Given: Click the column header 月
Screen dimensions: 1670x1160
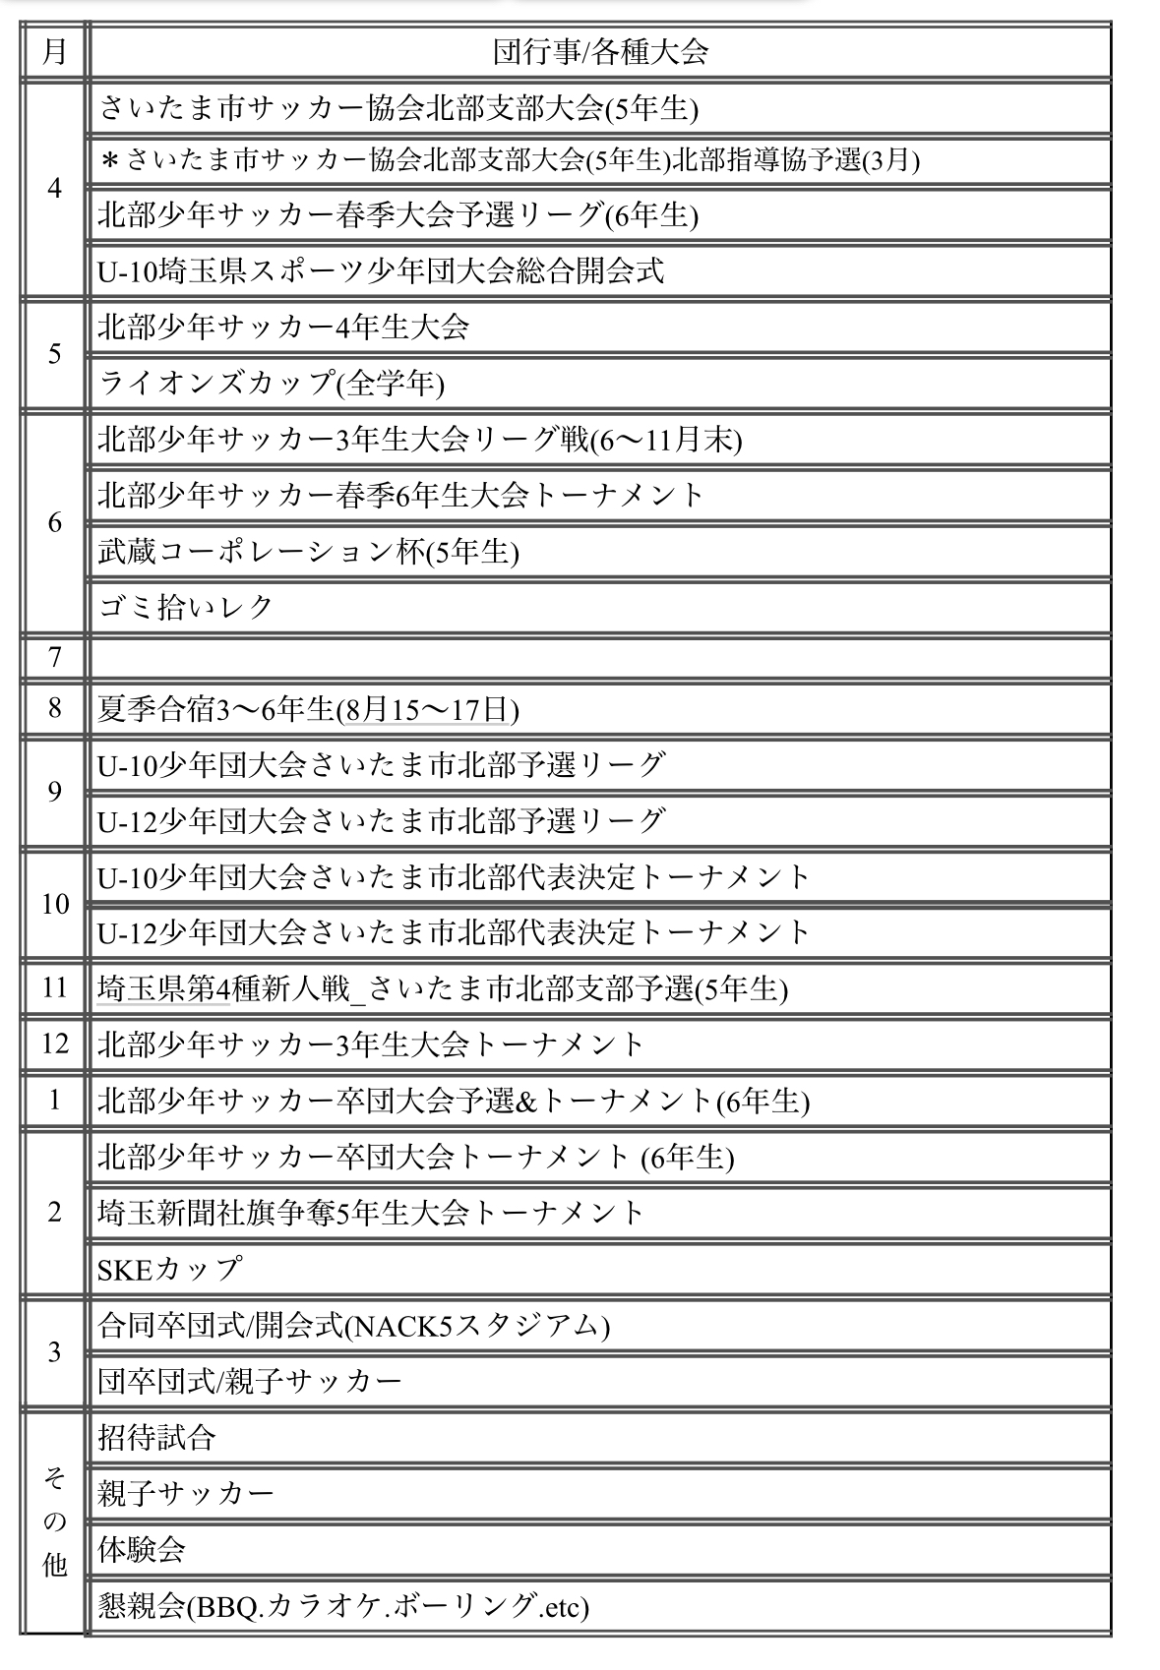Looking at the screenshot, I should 54,51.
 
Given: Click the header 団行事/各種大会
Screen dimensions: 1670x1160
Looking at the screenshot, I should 600,51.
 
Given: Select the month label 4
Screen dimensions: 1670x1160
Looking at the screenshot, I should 54,188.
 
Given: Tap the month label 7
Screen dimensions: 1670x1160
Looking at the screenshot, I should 54,656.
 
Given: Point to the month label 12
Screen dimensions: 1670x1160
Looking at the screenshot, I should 54,1044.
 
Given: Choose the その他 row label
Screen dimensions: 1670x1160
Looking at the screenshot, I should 54,1521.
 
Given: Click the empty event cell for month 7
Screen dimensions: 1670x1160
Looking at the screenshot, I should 600,656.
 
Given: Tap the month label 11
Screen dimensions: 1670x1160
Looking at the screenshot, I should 54,987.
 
